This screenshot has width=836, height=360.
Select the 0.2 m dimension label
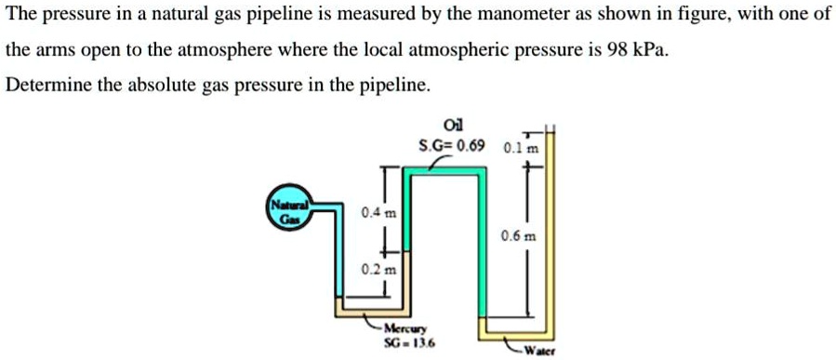coord(379,270)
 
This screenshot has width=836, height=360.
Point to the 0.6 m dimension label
coord(518,236)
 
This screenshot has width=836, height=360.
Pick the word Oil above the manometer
coord(453,126)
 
